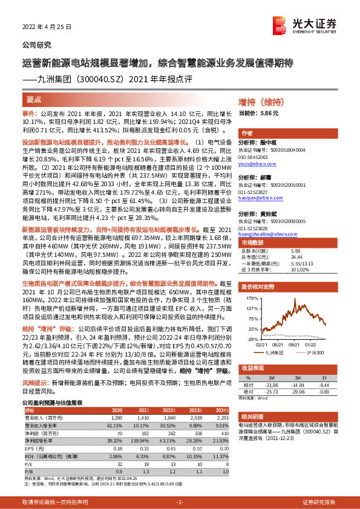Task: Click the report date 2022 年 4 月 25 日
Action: [x=47, y=27]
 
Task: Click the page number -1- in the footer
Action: [x=180, y=502]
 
